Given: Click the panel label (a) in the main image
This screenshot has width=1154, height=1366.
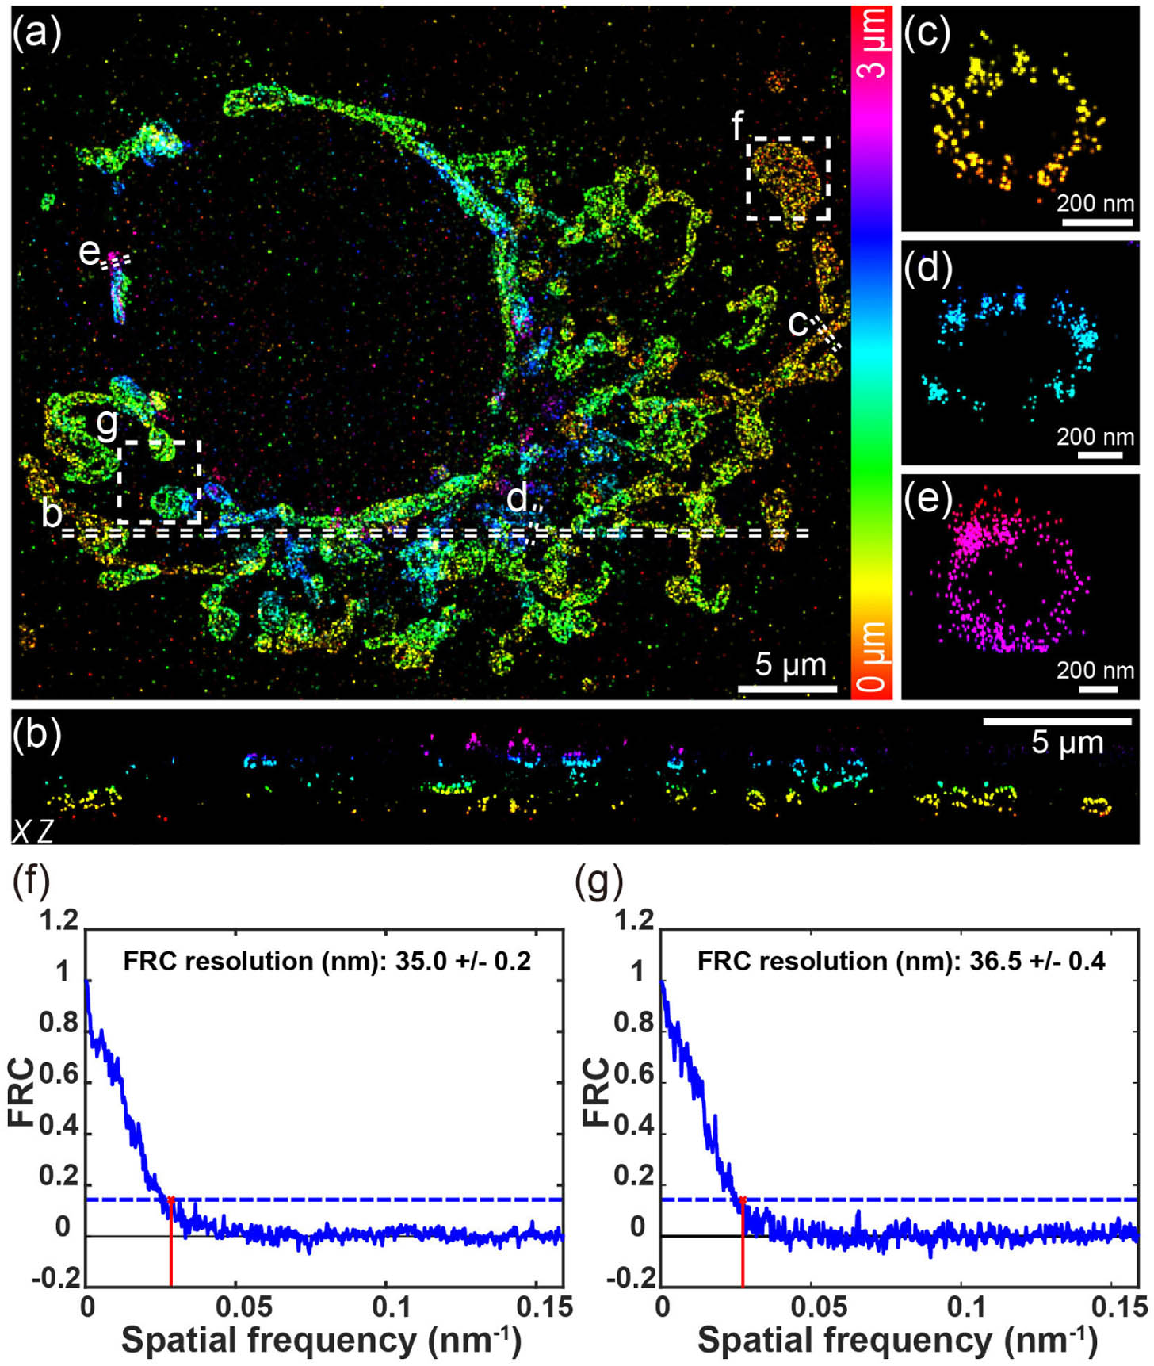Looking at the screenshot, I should [36, 33].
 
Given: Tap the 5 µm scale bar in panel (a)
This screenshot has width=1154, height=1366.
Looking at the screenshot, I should [787, 688].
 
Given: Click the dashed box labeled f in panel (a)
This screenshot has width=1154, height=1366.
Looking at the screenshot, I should [789, 178].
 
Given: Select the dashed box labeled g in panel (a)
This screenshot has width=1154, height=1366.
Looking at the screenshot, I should [159, 482].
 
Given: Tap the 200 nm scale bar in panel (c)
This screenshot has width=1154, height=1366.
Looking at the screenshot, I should [1097, 222].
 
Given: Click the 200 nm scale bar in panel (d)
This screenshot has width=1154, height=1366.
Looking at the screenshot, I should [1099, 455].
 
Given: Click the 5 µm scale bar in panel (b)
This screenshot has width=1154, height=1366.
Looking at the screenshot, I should [1057, 721].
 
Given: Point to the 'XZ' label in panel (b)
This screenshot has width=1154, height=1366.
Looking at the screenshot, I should [32, 830].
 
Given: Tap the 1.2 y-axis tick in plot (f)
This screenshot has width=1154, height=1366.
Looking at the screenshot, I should [60, 920].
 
